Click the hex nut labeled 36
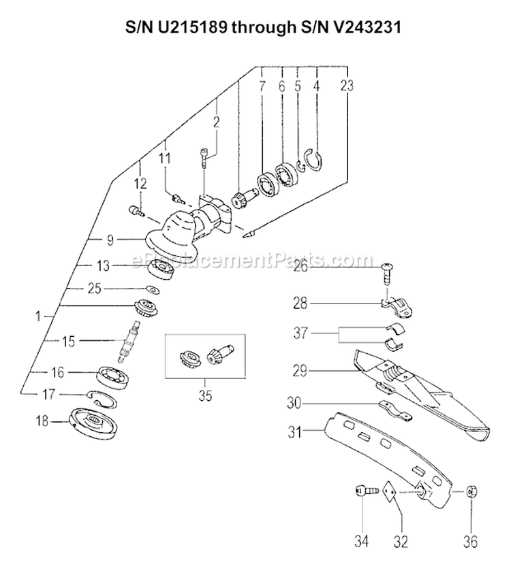coord(470,492)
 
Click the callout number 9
coord(110,239)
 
